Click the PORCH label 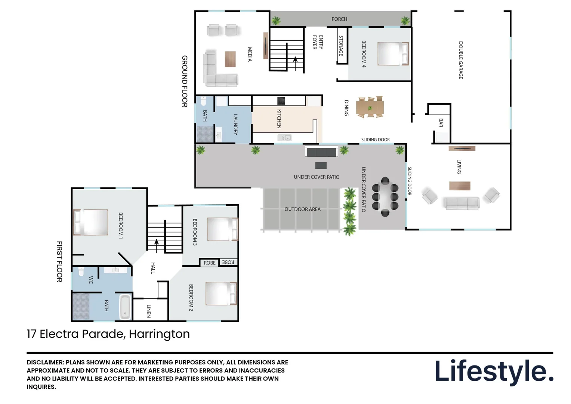[339, 19]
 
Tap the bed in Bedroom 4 [393, 53]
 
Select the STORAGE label [341, 46]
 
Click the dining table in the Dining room [370, 108]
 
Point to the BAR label [441, 123]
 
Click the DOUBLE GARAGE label [461, 60]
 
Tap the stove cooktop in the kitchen [281, 101]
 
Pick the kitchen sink [284, 138]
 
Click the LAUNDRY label [235, 124]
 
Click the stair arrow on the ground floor [295, 64]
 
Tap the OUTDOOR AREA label [302, 209]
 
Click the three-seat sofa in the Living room [462, 203]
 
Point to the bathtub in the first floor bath [125, 307]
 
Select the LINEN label [149, 311]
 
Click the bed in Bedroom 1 [90, 222]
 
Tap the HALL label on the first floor [153, 268]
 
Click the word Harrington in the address [159, 334]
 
